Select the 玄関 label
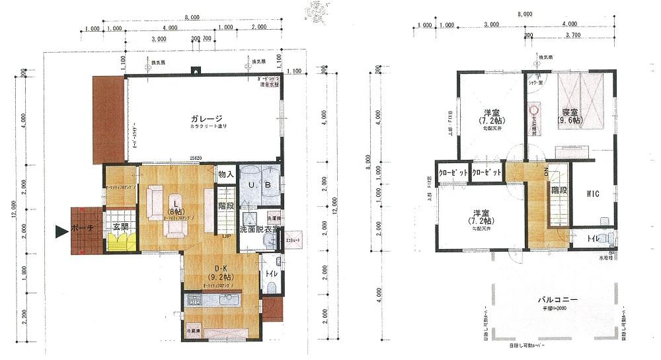[121, 227]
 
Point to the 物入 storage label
[226, 174]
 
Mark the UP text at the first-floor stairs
[226, 235]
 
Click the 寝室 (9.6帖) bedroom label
[571, 117]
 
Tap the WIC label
[592, 195]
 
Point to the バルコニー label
[557, 299]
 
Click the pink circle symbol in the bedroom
[535, 109]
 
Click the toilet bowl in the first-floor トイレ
[271, 286]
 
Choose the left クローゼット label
[453, 172]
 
